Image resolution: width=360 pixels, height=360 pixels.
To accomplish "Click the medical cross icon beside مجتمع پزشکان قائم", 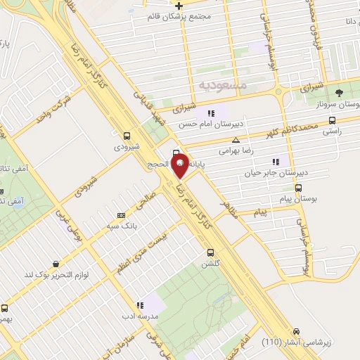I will click(x=179, y=6).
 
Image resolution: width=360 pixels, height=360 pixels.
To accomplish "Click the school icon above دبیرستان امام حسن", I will click(x=210, y=113).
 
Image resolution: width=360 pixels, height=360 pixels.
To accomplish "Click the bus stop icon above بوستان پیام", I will click(x=299, y=188).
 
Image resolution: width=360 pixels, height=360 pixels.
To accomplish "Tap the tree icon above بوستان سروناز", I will click(x=339, y=92).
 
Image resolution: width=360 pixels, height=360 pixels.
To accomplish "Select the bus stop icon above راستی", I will click(x=331, y=119).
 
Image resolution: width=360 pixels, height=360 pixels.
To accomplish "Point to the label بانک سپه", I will click(x=120, y=226).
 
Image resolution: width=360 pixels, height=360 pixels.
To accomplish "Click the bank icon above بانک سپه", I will click(x=121, y=215).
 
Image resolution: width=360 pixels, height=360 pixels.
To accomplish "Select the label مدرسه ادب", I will click(x=139, y=317).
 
